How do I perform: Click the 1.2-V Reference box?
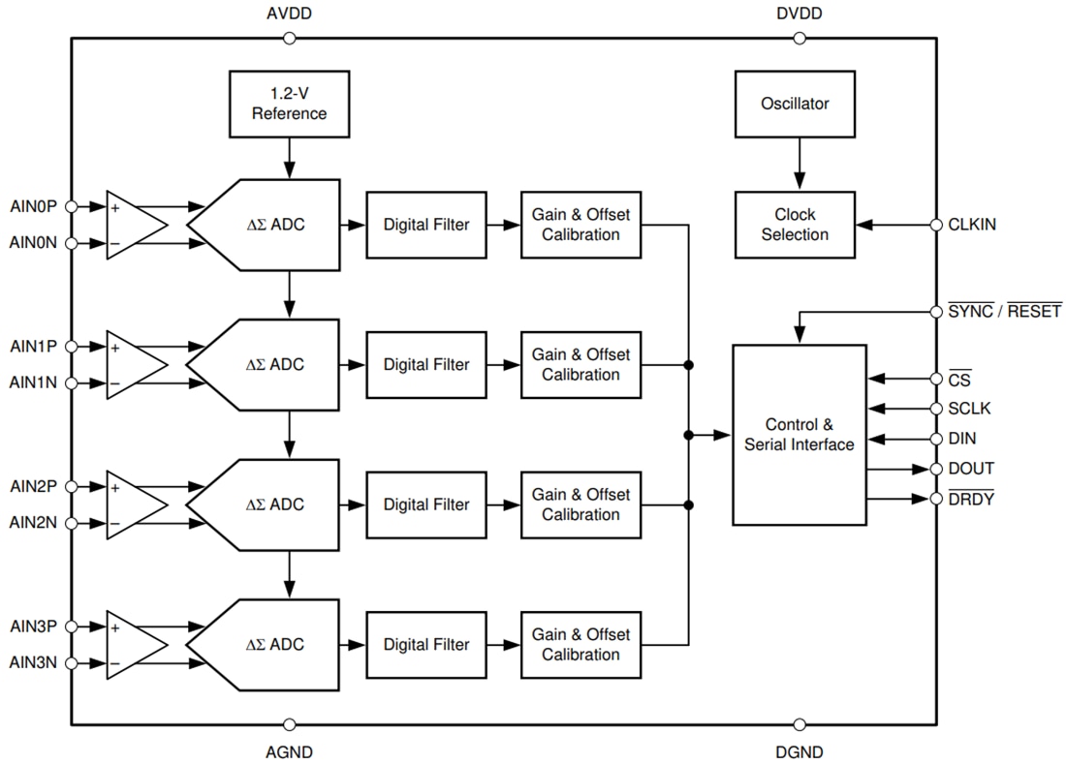(x=289, y=104)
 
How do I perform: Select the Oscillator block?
(x=795, y=104)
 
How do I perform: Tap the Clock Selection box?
(x=795, y=225)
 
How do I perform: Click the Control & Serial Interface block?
(x=799, y=435)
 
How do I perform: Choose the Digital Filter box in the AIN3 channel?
(x=425, y=645)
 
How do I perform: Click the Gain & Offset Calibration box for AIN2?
(x=580, y=504)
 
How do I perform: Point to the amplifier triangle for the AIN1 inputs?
(x=134, y=364)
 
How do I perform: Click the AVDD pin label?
(x=289, y=15)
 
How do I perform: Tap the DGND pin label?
(x=799, y=751)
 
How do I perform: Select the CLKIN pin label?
(x=972, y=225)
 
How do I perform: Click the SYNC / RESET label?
(x=1004, y=312)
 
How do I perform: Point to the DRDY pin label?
(x=970, y=499)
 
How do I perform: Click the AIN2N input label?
(x=33, y=523)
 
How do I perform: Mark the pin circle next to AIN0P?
(x=72, y=206)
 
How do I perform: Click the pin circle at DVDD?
(x=799, y=39)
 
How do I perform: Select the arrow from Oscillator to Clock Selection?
(x=799, y=163)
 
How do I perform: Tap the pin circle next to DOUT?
(x=936, y=469)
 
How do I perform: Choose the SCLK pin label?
(x=970, y=409)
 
